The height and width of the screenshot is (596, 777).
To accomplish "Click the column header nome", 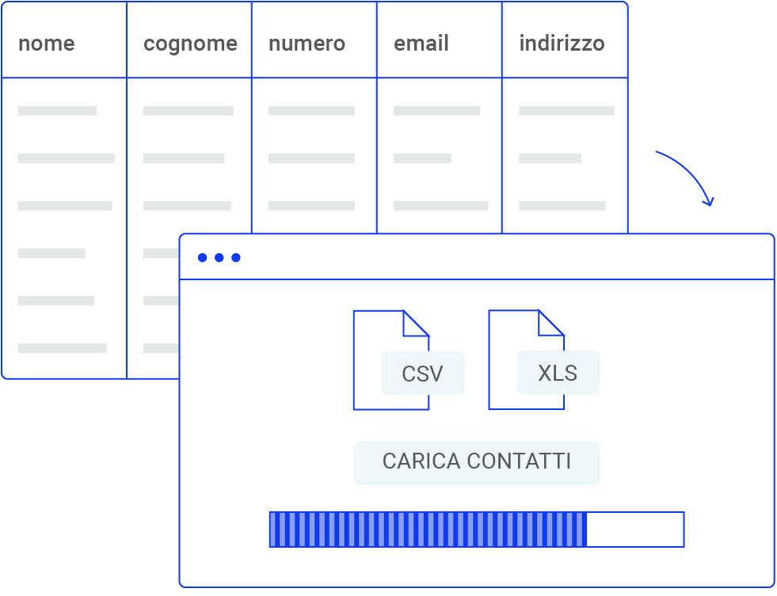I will (46, 44).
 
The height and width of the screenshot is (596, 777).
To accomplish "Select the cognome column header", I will (190, 44).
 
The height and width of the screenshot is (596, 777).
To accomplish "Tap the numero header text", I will (307, 44).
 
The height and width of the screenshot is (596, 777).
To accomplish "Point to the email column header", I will (421, 44).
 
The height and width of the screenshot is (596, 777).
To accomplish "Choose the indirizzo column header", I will (562, 44).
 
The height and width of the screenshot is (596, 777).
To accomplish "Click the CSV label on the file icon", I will (422, 374).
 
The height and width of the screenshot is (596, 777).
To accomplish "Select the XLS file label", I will (558, 373).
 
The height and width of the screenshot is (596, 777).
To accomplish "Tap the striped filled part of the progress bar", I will (428, 530).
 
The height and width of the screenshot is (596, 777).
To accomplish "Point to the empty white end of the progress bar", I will (635, 530).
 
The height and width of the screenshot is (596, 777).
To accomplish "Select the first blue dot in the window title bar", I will (202, 258).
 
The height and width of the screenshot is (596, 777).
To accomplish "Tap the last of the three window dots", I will (236, 258).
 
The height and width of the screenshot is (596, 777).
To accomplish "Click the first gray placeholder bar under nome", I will (57, 111).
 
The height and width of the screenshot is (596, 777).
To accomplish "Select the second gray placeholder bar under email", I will (422, 158).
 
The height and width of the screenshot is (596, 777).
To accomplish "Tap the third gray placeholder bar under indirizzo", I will (562, 206).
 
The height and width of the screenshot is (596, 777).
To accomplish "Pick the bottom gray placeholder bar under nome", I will (62, 348).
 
